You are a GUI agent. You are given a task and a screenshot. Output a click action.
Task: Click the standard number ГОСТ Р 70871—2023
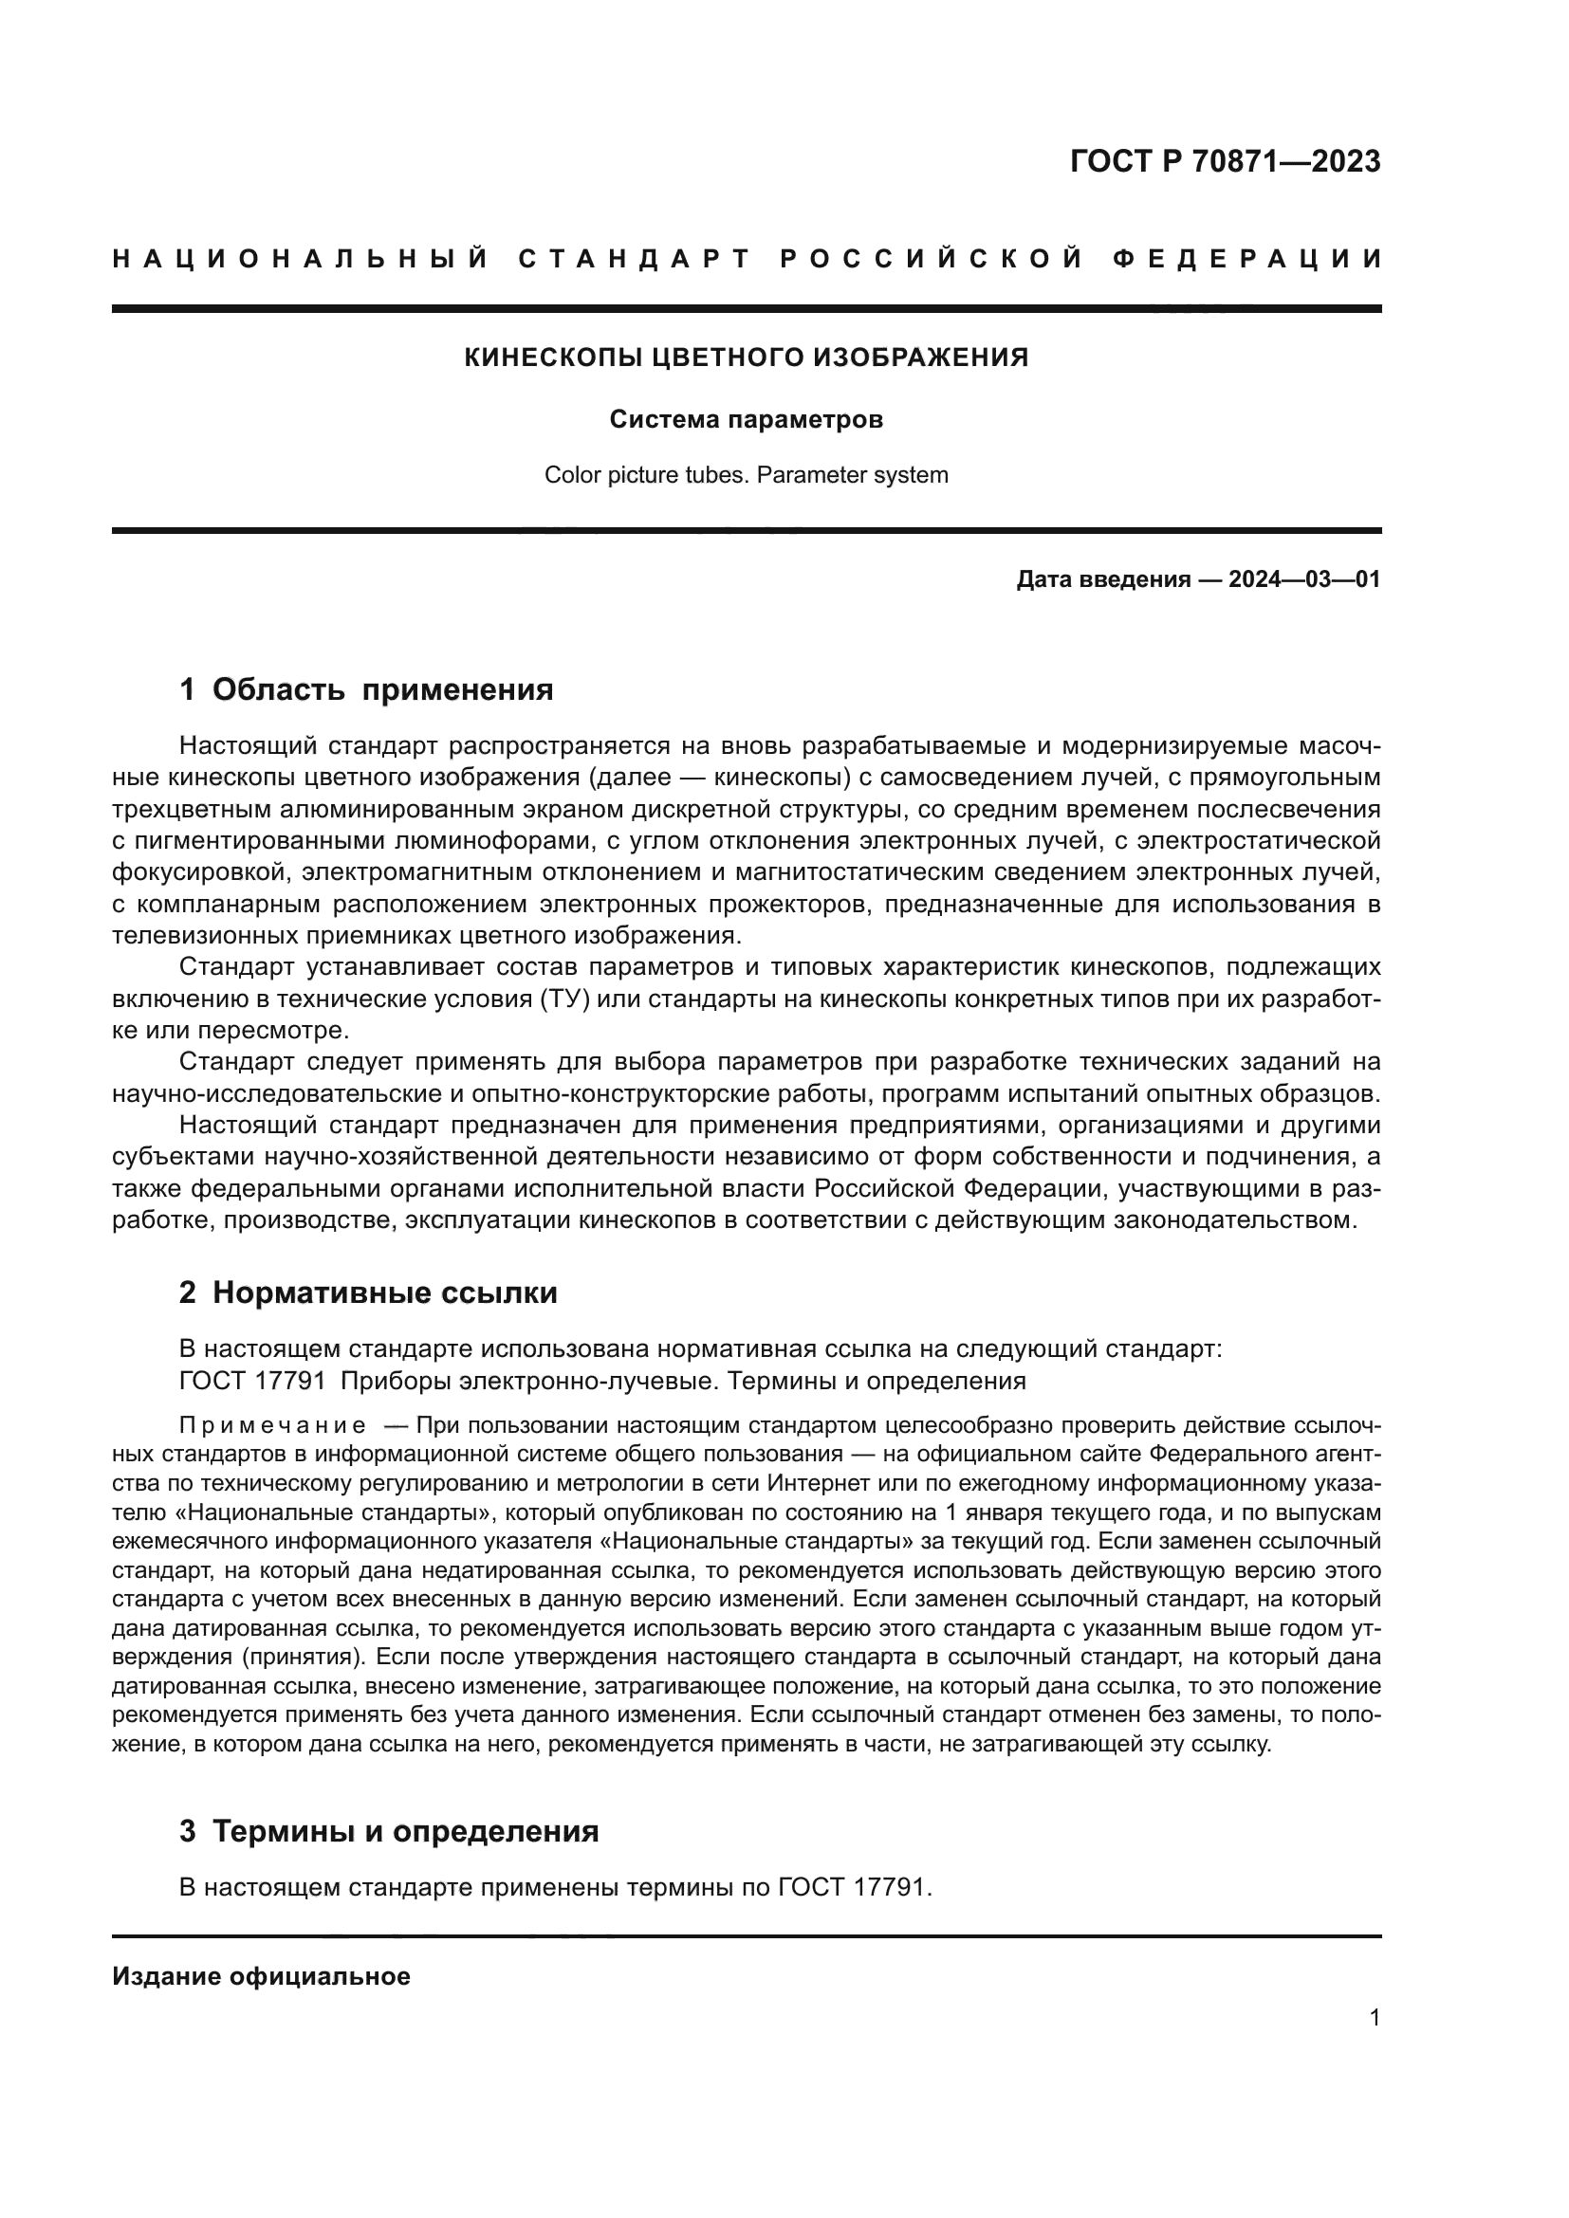[x=1224, y=161]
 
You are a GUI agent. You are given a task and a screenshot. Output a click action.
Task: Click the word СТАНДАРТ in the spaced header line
[x=635, y=259]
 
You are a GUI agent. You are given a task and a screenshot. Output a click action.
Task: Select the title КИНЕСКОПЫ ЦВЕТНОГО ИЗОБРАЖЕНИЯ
[x=746, y=358]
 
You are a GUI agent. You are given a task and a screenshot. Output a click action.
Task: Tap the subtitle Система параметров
[x=746, y=420]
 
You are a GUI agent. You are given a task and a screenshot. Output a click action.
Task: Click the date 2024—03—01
[x=1303, y=579]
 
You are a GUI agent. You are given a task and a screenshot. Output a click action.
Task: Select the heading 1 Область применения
[x=366, y=689]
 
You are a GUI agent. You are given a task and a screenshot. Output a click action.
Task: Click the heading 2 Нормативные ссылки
[x=368, y=1292]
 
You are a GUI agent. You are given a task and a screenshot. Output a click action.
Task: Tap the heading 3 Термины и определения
[x=388, y=1830]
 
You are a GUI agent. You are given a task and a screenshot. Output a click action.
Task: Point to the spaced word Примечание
[x=272, y=1426]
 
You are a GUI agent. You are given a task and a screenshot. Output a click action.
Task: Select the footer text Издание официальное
[x=262, y=1975]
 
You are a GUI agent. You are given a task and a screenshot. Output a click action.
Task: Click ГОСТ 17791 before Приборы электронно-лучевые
[x=251, y=1382]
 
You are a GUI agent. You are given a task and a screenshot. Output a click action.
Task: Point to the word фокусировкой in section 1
[x=200, y=872]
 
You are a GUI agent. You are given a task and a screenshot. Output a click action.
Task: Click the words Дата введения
[x=1102, y=579]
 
